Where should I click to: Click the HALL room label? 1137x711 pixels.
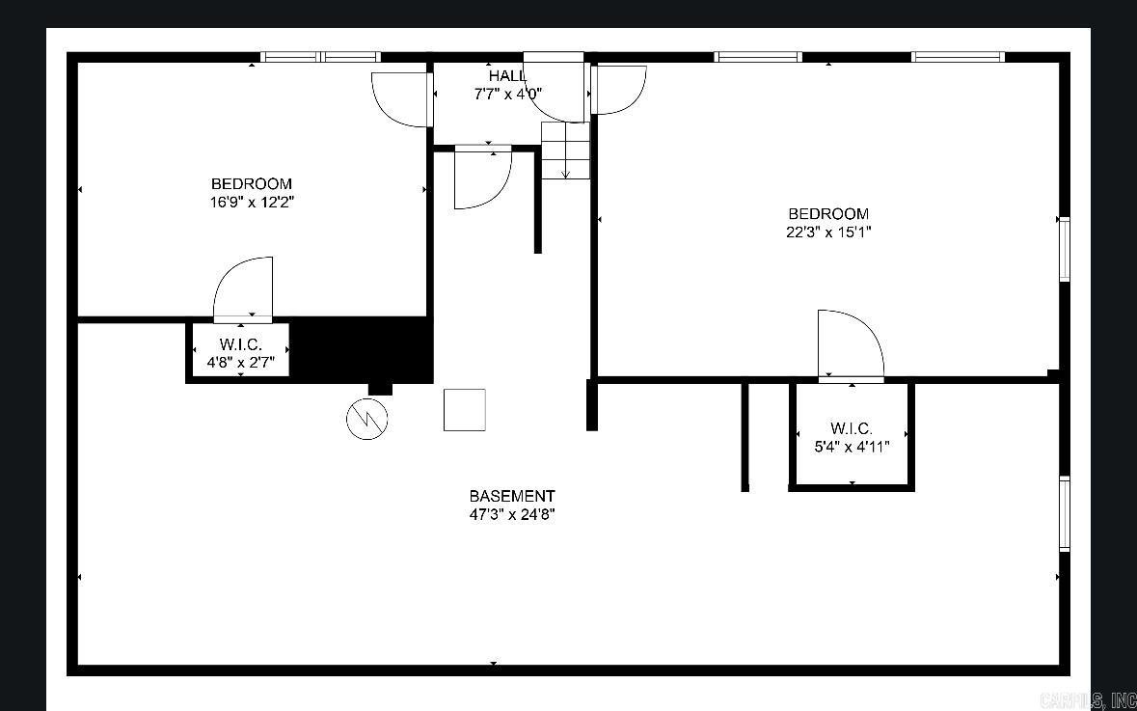[x=507, y=75]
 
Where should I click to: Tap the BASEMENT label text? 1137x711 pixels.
[x=512, y=496]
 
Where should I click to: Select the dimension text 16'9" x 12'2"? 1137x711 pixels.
[x=252, y=203]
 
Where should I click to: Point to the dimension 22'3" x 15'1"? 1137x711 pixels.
[x=828, y=232]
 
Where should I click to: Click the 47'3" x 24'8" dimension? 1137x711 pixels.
[x=512, y=515]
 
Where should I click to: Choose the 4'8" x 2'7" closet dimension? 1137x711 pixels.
[x=241, y=362]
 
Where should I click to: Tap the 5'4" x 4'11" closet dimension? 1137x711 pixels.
[x=852, y=447]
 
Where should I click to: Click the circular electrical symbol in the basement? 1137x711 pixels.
[x=366, y=419]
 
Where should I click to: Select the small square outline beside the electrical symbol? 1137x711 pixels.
[x=465, y=410]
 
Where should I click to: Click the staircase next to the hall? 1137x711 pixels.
[x=565, y=150]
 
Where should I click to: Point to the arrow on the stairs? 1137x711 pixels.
[x=565, y=159]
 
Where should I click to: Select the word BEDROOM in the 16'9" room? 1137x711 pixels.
[x=252, y=183]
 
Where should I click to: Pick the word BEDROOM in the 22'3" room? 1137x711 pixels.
[x=828, y=213]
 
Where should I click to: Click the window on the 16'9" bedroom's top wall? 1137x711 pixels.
[x=320, y=57]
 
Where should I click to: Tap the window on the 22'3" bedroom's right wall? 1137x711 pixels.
[x=1065, y=249]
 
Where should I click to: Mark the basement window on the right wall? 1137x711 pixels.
[x=1065, y=513]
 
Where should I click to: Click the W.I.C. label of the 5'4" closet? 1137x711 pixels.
[x=852, y=428]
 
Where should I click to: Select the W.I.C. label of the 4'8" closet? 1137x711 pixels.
[x=241, y=343]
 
